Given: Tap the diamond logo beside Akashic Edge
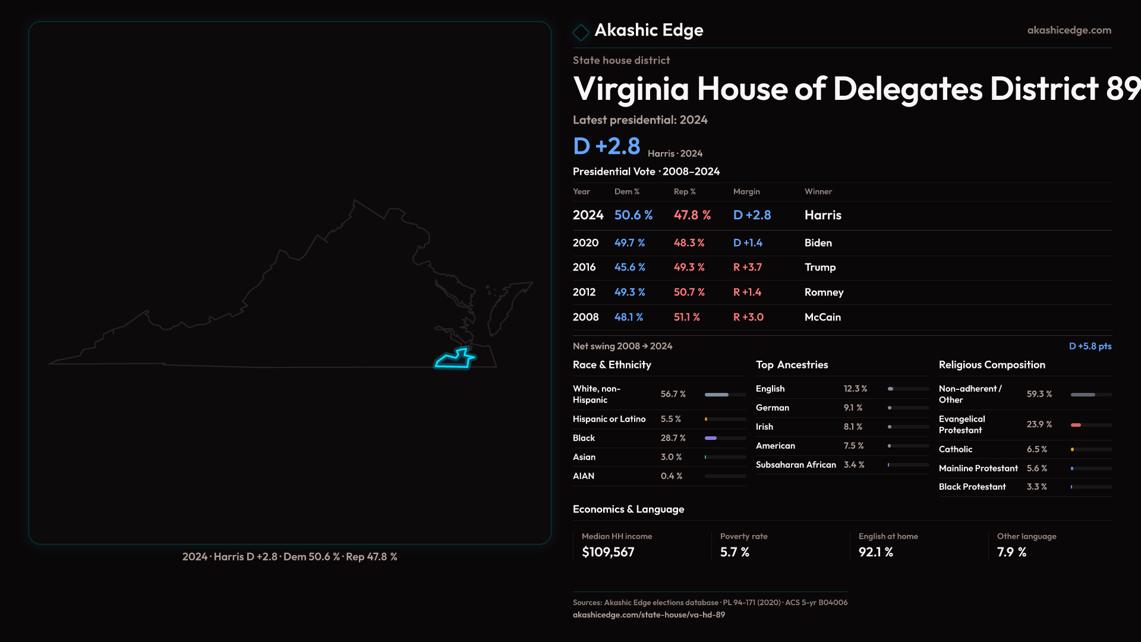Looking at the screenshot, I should pyautogui.click(x=581, y=32).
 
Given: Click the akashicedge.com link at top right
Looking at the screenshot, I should pyautogui.click(x=1068, y=30).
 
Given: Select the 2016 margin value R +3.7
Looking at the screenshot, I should pyautogui.click(x=747, y=267).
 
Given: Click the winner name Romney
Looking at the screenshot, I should pyautogui.click(x=824, y=292).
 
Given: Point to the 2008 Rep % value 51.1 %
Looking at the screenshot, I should pyautogui.click(x=686, y=317).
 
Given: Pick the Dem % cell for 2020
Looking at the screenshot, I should pyautogui.click(x=629, y=243).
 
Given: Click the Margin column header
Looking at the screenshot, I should pyautogui.click(x=746, y=191).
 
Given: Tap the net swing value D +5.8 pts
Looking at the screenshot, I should pyautogui.click(x=1090, y=346).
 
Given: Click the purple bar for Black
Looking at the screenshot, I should pyautogui.click(x=711, y=438).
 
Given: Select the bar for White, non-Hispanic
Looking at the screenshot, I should pyautogui.click(x=717, y=395).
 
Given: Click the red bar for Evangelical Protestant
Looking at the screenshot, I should pyautogui.click(x=1076, y=425).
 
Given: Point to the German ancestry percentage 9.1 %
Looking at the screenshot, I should pyautogui.click(x=853, y=408).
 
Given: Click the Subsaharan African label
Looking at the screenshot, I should pyautogui.click(x=796, y=465).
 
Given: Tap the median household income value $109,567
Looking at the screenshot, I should pyautogui.click(x=608, y=552).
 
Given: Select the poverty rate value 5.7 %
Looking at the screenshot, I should pyautogui.click(x=735, y=552).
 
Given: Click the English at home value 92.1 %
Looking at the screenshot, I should pyautogui.click(x=875, y=552).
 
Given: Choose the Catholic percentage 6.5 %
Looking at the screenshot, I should pyautogui.click(x=1036, y=449).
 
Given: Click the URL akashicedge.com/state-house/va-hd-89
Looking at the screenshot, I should pyautogui.click(x=648, y=615).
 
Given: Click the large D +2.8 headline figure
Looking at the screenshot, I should pyautogui.click(x=606, y=146).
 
